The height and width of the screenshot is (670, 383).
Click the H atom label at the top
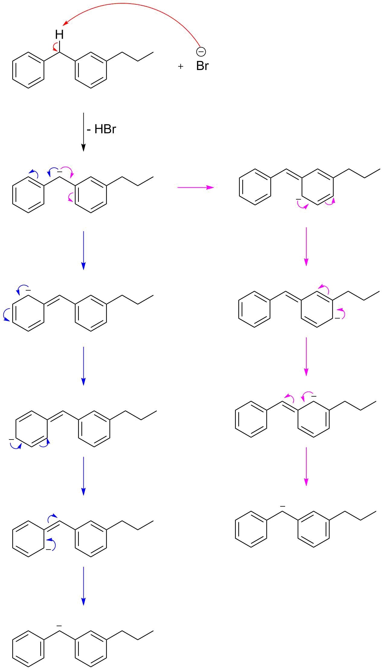point(60,35)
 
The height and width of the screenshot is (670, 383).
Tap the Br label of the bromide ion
point(202,66)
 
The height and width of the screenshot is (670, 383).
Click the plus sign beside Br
point(180,66)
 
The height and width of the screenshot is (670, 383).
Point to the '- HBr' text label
point(101,129)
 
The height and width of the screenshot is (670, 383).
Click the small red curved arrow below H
point(55,47)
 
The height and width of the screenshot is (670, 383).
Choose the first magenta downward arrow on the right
point(306,246)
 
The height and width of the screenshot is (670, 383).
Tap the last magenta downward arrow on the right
point(306,466)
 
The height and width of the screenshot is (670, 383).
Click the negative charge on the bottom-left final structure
point(59,625)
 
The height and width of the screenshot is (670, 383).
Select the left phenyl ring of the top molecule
point(28,70)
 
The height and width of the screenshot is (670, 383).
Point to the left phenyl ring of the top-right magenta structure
point(255,187)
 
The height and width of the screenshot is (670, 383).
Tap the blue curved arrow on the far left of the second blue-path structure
point(6,315)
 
